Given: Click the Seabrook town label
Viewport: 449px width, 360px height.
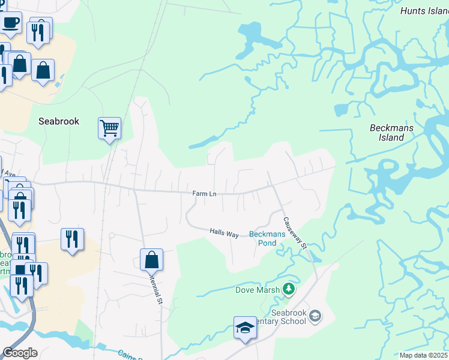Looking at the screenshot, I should pos(59,121).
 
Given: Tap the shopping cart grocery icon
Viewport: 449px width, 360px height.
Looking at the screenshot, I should pos(109,128).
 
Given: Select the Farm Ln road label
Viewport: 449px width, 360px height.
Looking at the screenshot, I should pos(204,193).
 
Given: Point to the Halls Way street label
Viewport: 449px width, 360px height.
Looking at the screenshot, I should pos(224,232).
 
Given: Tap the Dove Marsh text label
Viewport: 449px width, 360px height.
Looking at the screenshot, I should pos(257,290).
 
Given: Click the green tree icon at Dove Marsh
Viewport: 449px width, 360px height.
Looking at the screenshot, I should pos(289,290).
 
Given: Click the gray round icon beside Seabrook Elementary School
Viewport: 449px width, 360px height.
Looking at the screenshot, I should pos(317,316).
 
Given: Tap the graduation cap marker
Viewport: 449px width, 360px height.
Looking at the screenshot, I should pos(245,328).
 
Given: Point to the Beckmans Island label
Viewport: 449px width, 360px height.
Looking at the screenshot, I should pos(387,133).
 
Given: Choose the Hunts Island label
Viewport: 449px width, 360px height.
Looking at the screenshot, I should pos(424,10).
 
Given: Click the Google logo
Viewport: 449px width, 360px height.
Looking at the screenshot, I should pos(20,353).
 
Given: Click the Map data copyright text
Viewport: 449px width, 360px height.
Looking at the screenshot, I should pos(423,355).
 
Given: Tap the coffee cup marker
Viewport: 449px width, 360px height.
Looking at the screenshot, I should pos(10,24).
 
